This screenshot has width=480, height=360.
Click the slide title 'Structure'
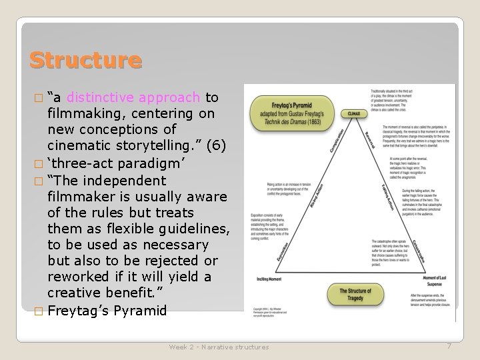(x=85, y=60)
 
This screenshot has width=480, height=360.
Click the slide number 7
(x=449, y=346)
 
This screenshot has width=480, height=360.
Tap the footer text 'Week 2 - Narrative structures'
(x=219, y=347)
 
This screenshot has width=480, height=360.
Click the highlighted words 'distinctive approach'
(x=133, y=98)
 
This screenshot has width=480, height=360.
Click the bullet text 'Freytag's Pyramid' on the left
(x=107, y=310)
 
